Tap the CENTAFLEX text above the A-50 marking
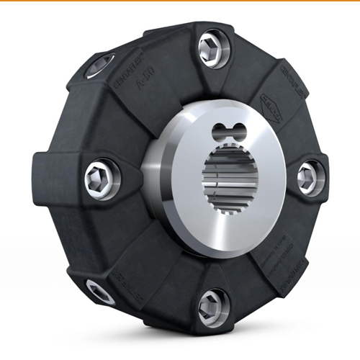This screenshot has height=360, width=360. (127, 71)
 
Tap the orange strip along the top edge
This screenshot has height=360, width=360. (180, 1)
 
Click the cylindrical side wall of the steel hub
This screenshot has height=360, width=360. (155, 176)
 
